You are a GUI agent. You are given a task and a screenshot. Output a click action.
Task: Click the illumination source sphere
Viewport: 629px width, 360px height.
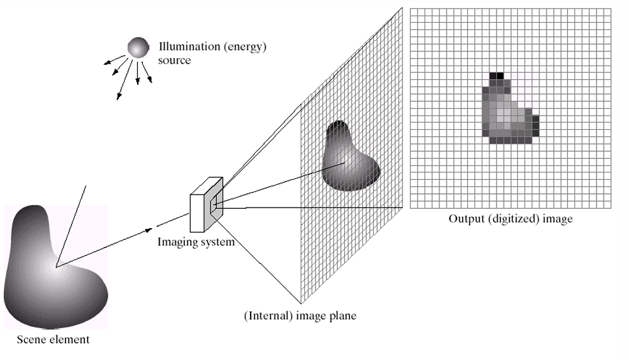click(138, 47)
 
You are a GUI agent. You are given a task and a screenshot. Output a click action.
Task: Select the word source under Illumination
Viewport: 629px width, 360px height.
click(175, 60)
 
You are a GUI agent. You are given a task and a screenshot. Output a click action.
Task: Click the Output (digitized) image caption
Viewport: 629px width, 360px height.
click(510, 219)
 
